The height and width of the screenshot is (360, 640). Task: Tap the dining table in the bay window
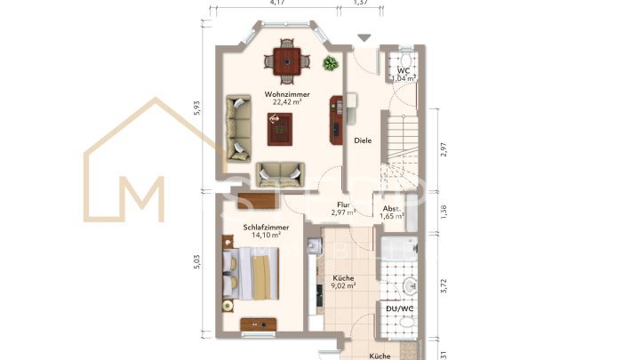tap(287, 61)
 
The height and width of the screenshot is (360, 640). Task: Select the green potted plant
tap(331, 63)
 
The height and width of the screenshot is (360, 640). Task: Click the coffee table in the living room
tap(280, 130)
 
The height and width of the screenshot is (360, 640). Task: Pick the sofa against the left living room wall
tap(238, 128)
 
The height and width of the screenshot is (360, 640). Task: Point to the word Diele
tap(362, 140)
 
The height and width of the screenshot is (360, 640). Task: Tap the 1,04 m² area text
tap(404, 78)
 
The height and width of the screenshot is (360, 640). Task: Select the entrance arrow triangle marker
tap(363, 37)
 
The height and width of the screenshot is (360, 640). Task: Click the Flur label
tap(343, 205)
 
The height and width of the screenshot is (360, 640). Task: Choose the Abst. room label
tap(392, 208)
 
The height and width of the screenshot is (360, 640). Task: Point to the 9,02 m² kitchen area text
tap(343, 285)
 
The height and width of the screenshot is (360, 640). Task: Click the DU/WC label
tap(404, 308)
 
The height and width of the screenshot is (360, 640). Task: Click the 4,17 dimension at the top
tap(276, 4)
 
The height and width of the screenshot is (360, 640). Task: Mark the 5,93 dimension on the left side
tap(197, 108)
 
